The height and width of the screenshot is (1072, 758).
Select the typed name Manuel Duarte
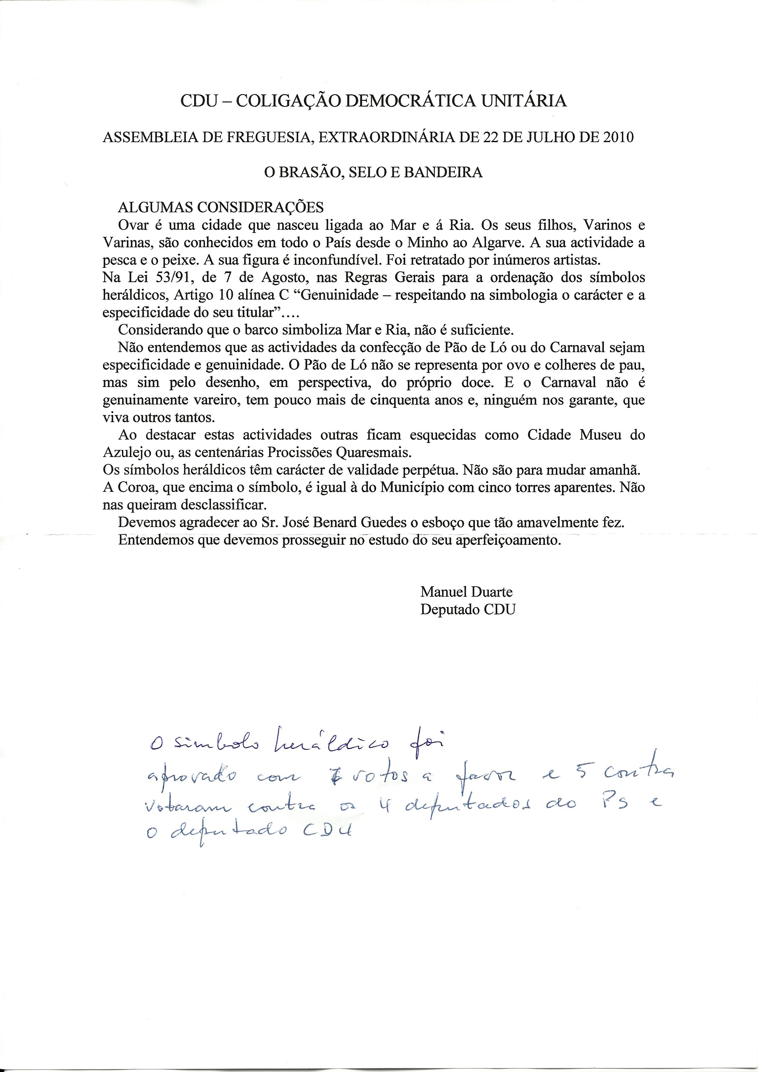[x=466, y=592]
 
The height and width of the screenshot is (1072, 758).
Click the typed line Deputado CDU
[x=468, y=610]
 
